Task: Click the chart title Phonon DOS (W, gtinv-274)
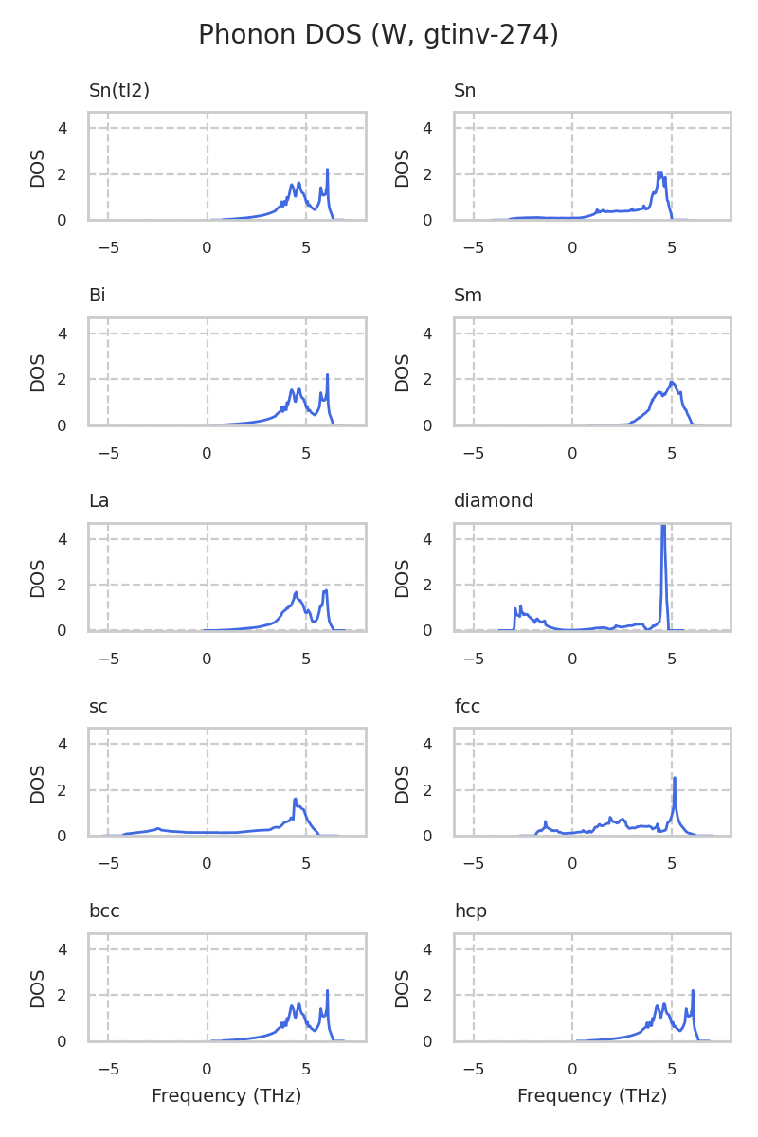click(x=378, y=35)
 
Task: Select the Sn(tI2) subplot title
click(x=119, y=91)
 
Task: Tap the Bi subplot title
click(x=97, y=296)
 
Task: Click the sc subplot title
click(x=98, y=707)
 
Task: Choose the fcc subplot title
click(x=467, y=707)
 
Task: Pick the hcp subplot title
click(x=470, y=911)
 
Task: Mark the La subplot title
click(x=99, y=501)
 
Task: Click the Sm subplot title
click(x=468, y=296)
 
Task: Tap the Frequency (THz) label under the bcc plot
click(x=226, y=1096)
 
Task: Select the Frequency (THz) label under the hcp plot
click(x=592, y=1096)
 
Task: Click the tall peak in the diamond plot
click(x=663, y=531)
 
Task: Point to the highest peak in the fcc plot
click(x=675, y=779)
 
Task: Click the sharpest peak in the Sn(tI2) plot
click(x=327, y=171)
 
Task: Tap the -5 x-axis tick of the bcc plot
click(x=108, y=1069)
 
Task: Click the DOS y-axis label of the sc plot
click(x=38, y=783)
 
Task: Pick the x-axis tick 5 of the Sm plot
click(x=672, y=453)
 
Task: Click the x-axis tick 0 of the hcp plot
click(x=572, y=1069)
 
